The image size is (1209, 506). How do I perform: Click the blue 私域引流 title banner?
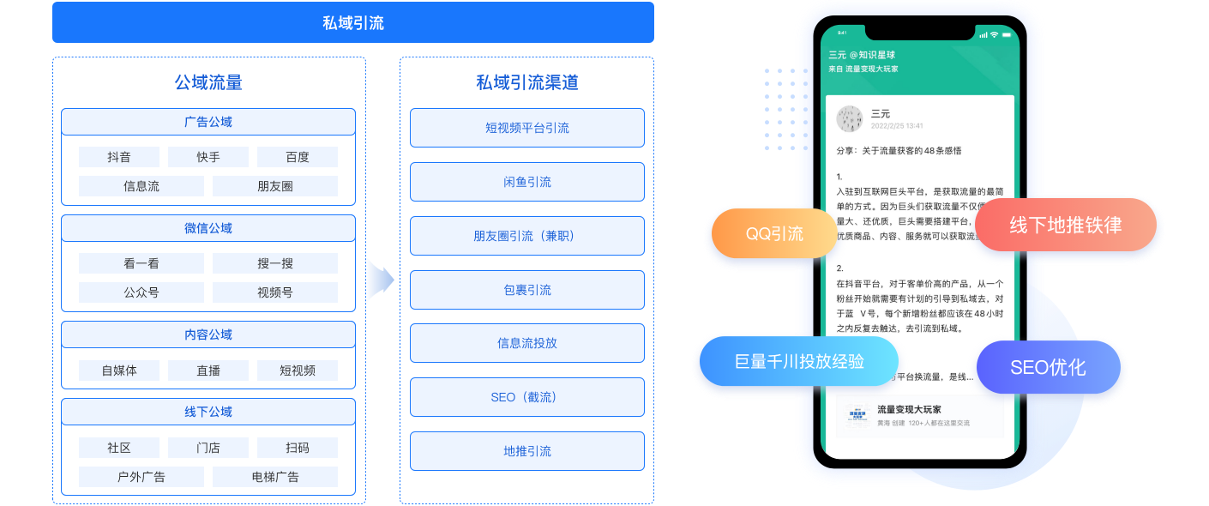(352, 22)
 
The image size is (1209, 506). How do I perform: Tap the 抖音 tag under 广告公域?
(119, 157)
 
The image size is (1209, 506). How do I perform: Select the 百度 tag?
(298, 157)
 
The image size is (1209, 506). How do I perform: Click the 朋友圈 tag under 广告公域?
(275, 186)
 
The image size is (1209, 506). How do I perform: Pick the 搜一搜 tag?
(275, 263)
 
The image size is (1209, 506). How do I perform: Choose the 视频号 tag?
(275, 292)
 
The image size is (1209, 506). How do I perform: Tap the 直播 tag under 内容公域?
(208, 370)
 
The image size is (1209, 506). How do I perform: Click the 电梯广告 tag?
(275, 477)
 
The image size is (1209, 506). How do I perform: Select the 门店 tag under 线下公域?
(208, 448)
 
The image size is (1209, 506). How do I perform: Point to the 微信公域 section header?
(208, 228)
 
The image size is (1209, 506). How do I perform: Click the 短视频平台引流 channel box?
(526, 128)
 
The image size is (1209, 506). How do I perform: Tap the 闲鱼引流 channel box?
(526, 182)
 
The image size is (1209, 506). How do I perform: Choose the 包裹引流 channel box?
(526, 290)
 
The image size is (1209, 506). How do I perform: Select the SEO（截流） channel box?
(526, 397)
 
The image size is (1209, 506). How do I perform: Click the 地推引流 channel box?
(526, 451)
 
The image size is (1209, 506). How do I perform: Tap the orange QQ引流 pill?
(773, 233)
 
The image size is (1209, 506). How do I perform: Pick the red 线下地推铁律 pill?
(1065, 226)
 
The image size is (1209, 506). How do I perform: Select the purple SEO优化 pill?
(1048, 367)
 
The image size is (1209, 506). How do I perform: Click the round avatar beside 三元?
(850, 119)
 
